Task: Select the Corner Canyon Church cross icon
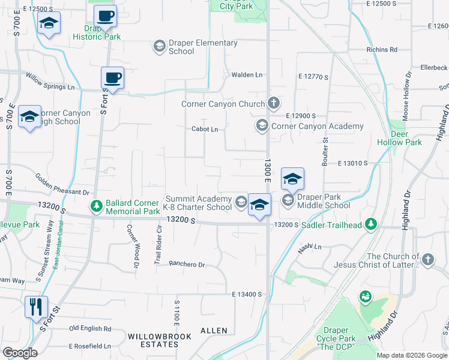click(x=274, y=104)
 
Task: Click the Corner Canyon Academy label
click(x=318, y=127)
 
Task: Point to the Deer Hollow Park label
click(x=399, y=138)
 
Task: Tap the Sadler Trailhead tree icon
click(x=372, y=224)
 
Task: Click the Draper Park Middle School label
click(x=324, y=200)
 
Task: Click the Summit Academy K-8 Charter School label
click(x=199, y=203)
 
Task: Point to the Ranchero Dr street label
click(x=187, y=265)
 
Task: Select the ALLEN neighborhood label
click(x=214, y=331)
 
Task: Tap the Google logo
click(x=20, y=353)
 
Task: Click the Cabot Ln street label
click(x=204, y=129)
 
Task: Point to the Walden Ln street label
click(x=247, y=75)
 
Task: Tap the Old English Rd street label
click(x=90, y=329)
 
